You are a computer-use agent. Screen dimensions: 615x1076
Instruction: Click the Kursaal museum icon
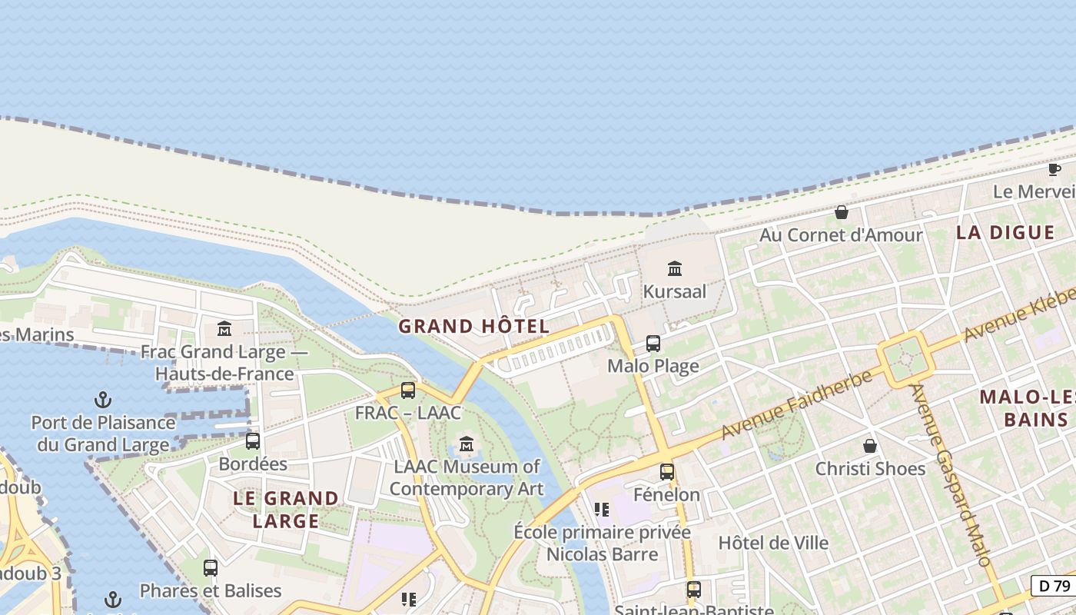675,268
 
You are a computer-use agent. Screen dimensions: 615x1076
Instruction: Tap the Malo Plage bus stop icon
653,343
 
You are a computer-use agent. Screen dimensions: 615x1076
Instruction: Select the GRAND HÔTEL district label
474,326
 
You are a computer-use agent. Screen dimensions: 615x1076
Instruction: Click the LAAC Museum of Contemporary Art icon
467,444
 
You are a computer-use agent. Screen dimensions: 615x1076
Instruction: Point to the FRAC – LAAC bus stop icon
408,390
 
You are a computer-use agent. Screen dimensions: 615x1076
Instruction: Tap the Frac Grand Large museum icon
224,328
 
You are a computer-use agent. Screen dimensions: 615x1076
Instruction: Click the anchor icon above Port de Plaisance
102,399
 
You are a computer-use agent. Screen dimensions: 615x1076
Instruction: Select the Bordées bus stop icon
252,440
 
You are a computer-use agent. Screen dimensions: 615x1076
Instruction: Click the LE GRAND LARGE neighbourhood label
286,510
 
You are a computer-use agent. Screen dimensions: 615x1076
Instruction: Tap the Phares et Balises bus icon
211,568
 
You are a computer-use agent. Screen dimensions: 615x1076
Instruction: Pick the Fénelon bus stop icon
667,471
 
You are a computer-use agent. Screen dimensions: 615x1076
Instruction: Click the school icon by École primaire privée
602,509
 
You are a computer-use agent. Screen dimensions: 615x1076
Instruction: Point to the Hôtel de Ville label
773,543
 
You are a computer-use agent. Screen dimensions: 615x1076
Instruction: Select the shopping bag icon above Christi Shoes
870,446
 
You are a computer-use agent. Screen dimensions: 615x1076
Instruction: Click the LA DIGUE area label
1005,232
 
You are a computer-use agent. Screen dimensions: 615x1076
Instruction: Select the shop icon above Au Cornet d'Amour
842,211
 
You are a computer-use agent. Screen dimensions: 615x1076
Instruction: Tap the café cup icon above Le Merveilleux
1054,168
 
